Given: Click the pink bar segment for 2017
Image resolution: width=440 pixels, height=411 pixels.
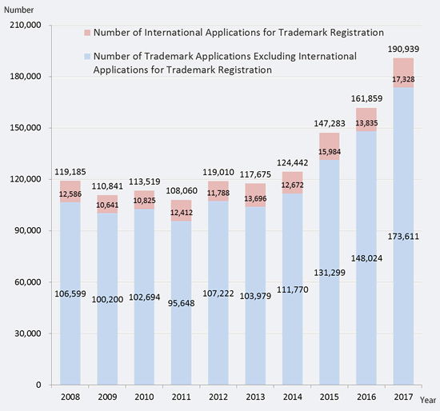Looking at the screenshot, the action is tap(403, 73).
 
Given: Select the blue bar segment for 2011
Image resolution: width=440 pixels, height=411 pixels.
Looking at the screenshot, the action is tap(182, 303).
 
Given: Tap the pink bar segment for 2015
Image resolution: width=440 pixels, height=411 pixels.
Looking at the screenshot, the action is tap(330, 146).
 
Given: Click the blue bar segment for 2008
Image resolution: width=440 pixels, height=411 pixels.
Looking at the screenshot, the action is tap(70, 293).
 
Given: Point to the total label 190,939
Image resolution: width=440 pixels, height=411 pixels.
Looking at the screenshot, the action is tap(403, 49).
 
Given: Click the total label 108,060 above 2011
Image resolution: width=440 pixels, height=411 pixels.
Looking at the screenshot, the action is tap(182, 191).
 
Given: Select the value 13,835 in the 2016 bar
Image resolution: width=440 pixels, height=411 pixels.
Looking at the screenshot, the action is tap(366, 123).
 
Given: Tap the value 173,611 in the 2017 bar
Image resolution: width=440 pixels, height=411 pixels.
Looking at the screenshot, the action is tap(403, 237).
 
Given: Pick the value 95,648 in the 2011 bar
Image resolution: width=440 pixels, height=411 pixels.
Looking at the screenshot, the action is tap(182, 303).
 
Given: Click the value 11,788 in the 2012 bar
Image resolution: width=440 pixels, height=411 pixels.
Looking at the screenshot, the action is tap(218, 193).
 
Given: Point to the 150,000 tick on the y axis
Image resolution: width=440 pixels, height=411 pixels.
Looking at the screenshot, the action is tap(26, 128).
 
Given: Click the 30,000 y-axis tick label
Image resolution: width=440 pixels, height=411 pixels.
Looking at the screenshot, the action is tap(28, 333).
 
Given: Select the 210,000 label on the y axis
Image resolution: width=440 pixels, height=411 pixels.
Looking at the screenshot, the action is tap(26, 25).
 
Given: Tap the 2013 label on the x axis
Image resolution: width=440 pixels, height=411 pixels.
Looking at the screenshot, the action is tap(255, 397).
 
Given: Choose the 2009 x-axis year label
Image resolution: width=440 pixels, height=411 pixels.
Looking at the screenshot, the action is tap(107, 397).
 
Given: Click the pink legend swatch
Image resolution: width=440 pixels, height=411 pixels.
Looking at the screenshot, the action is tap(87, 33).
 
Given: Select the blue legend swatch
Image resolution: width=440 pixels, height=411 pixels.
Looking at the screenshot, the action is tap(87, 57).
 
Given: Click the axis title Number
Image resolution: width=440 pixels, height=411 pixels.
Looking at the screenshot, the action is tap(19, 10).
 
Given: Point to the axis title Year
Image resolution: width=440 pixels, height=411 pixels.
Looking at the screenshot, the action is tap(428, 400).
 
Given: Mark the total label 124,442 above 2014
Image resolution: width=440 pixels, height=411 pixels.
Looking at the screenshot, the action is tap(292, 162).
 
